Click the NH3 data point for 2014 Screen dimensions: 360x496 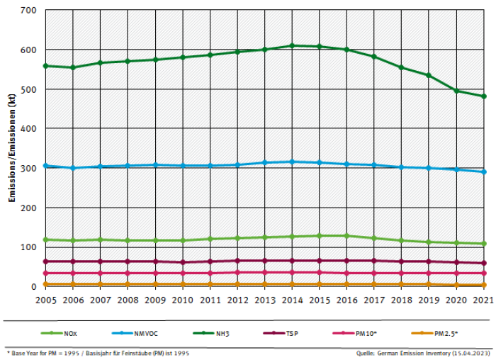(x=292, y=46)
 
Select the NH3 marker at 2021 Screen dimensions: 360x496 (x=484, y=96)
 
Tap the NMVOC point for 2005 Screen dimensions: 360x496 (x=45, y=166)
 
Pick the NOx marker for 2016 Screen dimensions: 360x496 (x=346, y=236)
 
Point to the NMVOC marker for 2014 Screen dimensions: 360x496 (x=292, y=162)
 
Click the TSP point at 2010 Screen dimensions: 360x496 (x=182, y=262)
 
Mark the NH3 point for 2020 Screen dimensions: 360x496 (x=456, y=91)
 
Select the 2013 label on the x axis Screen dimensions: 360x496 (x=264, y=300)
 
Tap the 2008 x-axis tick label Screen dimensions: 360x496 (x=128, y=300)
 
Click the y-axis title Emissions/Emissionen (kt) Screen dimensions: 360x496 (x=12, y=149)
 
